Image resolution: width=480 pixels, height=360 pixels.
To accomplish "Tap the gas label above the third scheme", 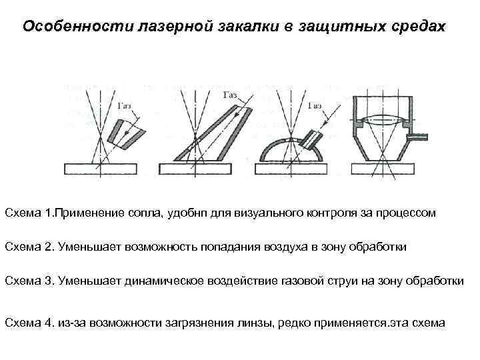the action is [315, 106].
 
